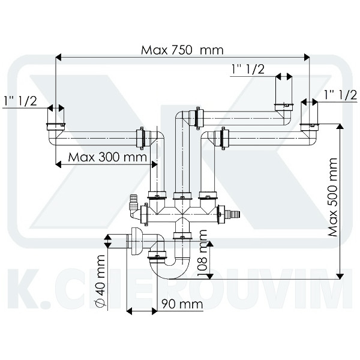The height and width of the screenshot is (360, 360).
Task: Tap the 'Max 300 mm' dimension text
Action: (108, 157)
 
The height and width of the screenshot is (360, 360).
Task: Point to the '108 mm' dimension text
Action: (203, 259)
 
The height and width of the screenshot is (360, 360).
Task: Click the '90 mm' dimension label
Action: (182, 305)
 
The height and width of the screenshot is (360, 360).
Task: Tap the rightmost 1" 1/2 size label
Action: (339, 94)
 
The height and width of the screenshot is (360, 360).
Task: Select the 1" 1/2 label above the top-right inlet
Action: (248, 70)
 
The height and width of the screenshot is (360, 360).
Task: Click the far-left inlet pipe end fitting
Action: (55, 127)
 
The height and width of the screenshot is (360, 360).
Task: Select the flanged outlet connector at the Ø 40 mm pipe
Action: (134, 240)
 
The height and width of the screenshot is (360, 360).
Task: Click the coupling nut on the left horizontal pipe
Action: (140, 137)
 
